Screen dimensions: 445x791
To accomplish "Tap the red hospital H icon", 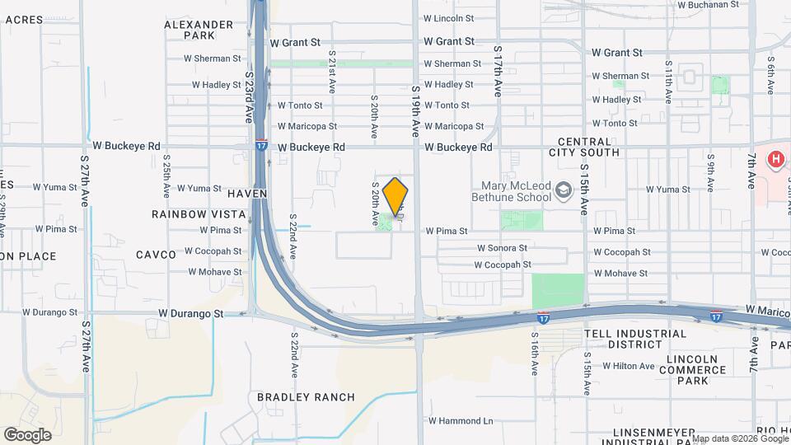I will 776,160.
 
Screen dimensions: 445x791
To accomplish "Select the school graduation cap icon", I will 564,190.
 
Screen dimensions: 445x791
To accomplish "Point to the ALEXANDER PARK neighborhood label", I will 199,30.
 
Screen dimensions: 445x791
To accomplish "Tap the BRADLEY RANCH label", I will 306,397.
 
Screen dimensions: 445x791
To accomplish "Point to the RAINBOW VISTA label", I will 199,214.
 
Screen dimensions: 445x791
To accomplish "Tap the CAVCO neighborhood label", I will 156,255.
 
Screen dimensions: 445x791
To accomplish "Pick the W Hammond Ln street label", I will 460,421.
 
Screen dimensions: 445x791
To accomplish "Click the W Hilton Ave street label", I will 633,366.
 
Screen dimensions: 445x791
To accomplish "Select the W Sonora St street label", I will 502,248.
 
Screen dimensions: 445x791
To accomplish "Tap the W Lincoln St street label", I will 448,17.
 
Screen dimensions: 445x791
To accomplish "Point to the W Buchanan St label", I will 708,4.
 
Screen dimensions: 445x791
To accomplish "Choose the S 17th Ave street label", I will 498,72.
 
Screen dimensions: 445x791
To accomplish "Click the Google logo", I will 27,435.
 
